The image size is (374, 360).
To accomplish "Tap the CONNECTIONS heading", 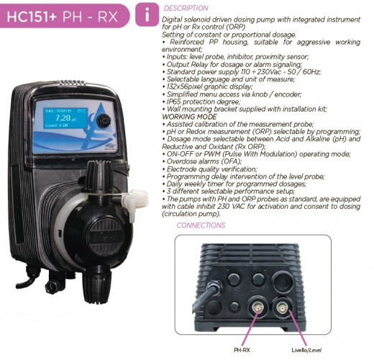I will coord(201,225).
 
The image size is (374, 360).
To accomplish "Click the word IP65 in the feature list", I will coord(173,102).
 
